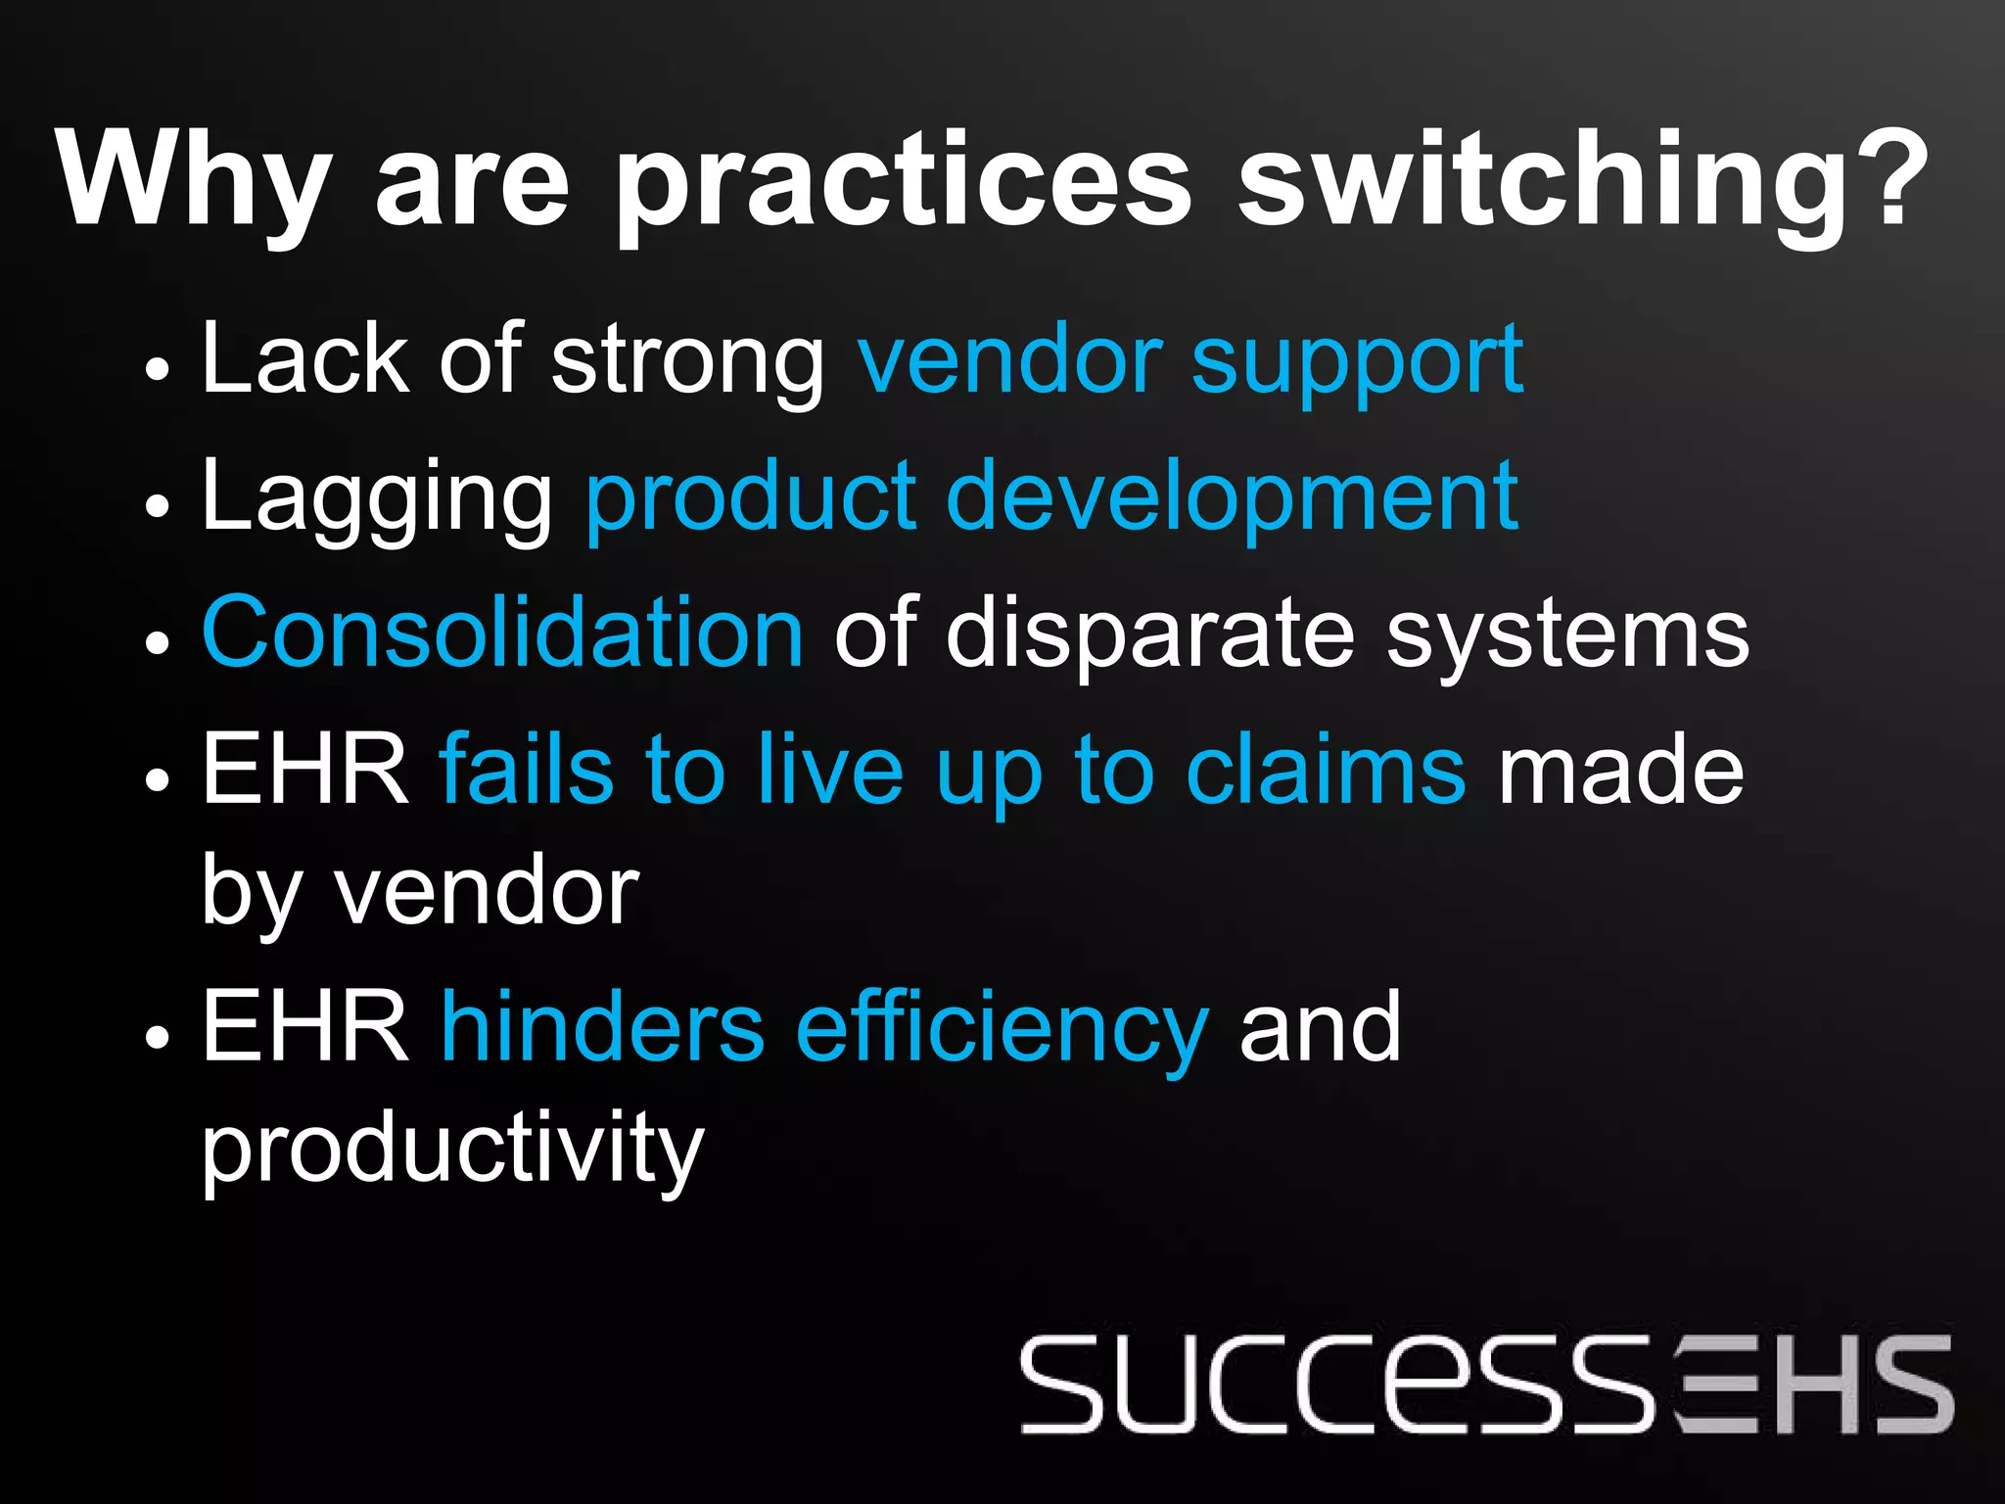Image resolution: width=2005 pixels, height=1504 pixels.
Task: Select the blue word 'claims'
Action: point(1326,771)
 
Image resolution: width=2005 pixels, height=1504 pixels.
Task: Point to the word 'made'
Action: point(1621,771)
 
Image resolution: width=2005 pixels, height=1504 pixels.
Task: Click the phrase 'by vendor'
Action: point(420,891)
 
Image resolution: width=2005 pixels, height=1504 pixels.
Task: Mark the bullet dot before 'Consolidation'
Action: point(157,642)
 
